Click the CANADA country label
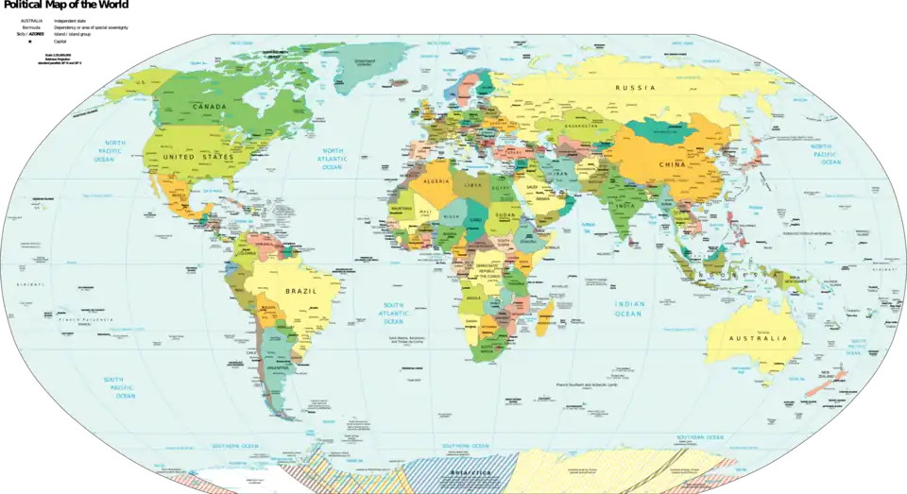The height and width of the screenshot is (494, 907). pos(209,107)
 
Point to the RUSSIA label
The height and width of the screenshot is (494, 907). pos(634,88)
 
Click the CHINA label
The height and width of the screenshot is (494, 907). pos(672,166)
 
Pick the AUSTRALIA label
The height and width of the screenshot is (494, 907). pos(758,338)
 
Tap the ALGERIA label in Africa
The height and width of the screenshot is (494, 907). pos(436,179)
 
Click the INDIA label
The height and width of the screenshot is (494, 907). pos(625,206)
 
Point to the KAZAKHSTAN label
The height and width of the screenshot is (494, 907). pos(584,125)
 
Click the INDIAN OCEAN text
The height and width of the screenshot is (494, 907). pos(628,308)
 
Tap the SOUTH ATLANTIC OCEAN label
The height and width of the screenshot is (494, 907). pos(393,313)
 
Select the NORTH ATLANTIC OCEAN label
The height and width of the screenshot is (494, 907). pos(332,158)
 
